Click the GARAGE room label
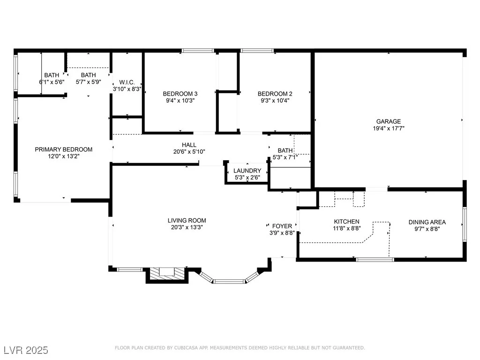point(389,121)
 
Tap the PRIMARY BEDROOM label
point(64,150)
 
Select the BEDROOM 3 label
point(180,94)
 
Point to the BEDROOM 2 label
point(275,94)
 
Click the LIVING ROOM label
point(187,220)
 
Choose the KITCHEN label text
point(346,221)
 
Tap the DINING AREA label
point(427,222)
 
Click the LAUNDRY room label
point(247,171)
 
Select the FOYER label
point(282,226)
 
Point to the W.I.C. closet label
point(127,82)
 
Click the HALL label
point(189,145)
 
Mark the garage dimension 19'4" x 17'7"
point(389,128)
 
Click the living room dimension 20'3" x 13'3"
point(187,227)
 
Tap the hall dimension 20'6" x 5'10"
point(189,151)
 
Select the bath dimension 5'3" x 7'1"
point(285,157)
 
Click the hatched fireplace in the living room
point(166,275)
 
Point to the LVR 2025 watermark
point(26,350)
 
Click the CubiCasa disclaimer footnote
point(240,348)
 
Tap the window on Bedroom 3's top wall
point(197,51)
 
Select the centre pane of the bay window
point(229,281)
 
